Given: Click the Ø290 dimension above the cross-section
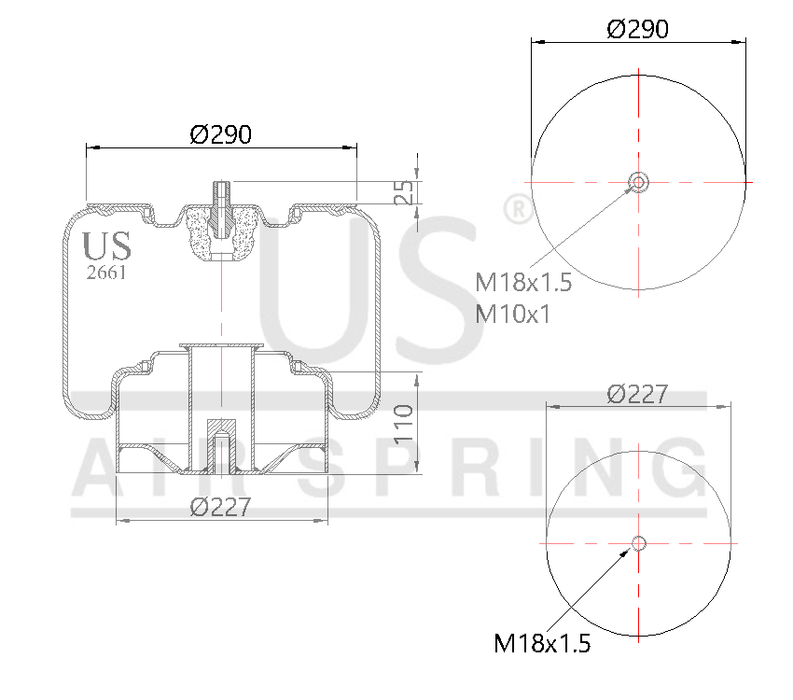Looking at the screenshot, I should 220,134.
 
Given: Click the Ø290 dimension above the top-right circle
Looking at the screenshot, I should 637,29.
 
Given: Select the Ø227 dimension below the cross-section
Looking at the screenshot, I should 220,507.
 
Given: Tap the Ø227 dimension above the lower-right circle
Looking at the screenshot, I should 637,394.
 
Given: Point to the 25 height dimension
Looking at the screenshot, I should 403,192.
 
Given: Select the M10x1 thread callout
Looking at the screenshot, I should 512,314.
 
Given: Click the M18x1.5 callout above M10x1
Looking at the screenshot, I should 522,282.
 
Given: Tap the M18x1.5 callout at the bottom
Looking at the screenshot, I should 542,643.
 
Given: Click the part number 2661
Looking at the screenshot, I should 105,273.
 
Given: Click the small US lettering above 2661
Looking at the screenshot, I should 106,246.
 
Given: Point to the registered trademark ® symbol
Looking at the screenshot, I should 517,210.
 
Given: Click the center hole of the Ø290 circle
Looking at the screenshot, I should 638,181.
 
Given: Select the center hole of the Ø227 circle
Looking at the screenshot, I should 638,543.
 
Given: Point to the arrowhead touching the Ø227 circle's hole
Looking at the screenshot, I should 628,553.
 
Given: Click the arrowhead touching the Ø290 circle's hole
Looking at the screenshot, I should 628,190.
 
